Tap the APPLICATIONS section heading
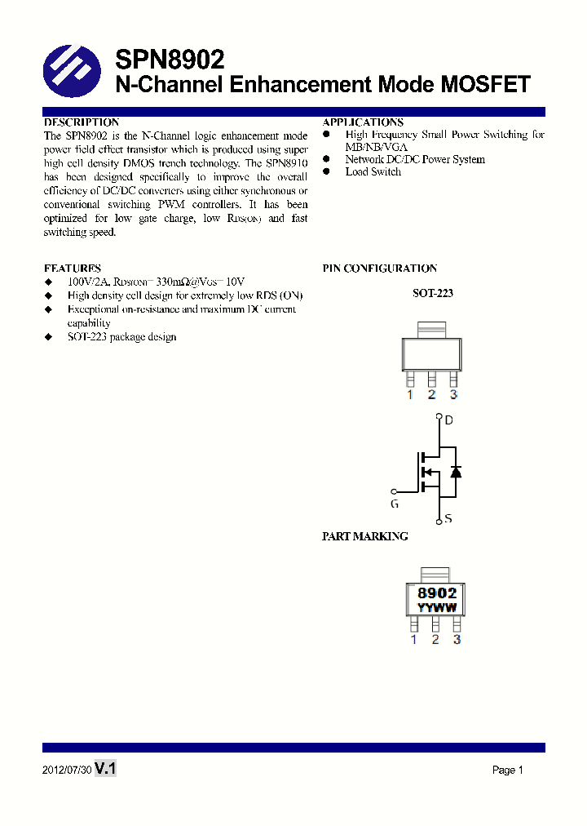click(363, 122)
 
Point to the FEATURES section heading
click(73, 268)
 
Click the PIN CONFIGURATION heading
click(380, 268)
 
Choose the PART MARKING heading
click(364, 536)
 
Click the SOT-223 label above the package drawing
click(433, 293)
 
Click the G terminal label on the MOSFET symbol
click(394, 504)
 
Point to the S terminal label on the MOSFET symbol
click(448, 518)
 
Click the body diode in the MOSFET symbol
click(456, 472)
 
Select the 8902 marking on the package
click(437, 593)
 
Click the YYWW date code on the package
click(437, 608)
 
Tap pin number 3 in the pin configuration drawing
click(453, 395)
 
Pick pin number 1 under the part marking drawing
click(413, 640)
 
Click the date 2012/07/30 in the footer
click(66, 770)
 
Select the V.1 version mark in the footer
click(106, 768)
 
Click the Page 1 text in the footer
click(507, 770)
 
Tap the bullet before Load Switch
click(327, 171)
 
